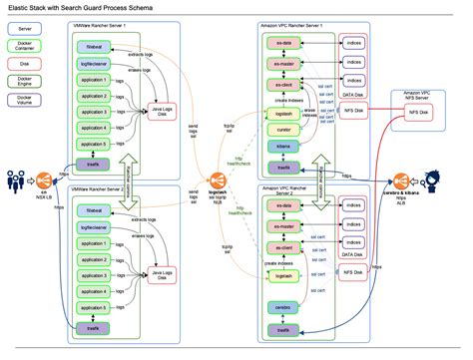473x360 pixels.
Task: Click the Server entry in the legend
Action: [24, 30]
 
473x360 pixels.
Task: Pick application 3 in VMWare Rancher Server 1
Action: [96, 112]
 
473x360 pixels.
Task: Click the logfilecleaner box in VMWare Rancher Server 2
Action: [96, 229]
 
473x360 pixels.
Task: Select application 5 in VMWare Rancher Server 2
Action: [96, 310]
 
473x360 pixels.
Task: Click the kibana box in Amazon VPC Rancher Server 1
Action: [283, 147]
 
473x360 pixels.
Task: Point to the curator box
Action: [283, 130]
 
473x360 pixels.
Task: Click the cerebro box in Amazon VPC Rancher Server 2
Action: [283, 310]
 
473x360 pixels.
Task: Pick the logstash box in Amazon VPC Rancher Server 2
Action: [283, 275]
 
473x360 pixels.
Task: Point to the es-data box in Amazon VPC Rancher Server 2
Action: [283, 205]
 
